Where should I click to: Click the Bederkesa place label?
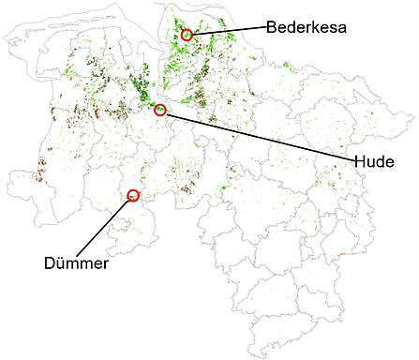[x=307, y=27]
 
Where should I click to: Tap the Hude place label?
[x=374, y=160]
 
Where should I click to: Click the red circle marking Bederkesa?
[x=187, y=35]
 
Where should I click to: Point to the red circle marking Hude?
[x=159, y=111]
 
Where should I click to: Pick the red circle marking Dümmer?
[x=132, y=195]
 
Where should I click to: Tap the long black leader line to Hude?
[x=258, y=136]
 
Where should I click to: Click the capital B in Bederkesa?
[x=271, y=27]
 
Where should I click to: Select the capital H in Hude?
[x=358, y=160]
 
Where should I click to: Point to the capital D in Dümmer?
[x=49, y=263]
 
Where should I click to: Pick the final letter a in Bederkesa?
[x=342, y=27]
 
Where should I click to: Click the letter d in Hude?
[x=380, y=160]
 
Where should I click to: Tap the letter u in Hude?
[x=369, y=160]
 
